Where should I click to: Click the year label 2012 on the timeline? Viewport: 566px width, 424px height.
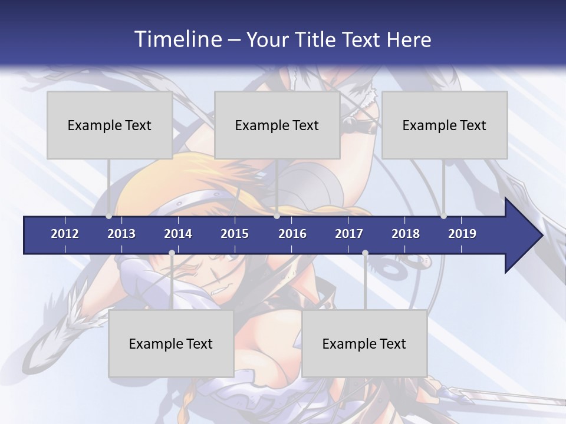65,234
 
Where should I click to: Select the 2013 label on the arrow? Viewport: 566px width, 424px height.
121,234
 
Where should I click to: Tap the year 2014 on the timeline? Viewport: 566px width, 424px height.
178,234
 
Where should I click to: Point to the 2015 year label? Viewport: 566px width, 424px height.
235,234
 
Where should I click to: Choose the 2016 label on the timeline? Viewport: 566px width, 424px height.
292,234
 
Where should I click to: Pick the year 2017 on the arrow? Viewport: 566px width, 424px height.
349,234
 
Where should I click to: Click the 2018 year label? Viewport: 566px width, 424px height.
406,234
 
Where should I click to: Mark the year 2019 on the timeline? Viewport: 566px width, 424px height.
462,234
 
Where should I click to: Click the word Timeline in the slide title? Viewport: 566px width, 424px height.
176,39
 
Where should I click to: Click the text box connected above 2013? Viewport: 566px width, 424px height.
110,125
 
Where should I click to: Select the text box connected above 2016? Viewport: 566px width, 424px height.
277,125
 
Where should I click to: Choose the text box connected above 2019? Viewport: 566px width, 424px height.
445,125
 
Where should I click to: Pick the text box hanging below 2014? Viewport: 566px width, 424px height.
171,343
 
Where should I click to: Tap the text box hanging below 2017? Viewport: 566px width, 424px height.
364,343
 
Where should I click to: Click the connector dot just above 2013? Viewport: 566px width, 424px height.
109,216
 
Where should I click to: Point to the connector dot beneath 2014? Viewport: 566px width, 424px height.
172,253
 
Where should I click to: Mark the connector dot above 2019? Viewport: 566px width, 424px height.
443,216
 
